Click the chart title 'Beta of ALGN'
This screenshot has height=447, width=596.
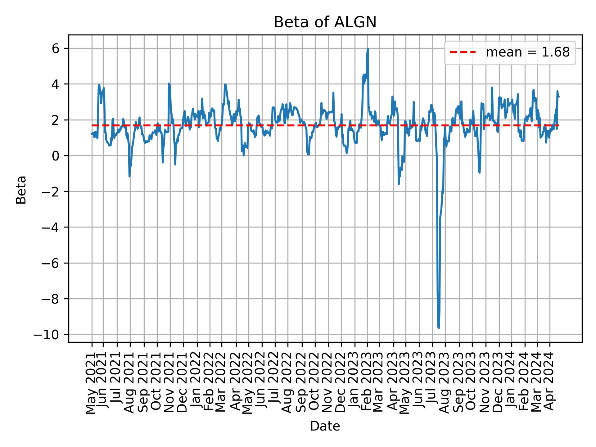coord(325,22)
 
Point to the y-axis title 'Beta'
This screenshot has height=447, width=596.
coord(21,190)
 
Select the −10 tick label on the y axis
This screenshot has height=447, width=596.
coord(51,335)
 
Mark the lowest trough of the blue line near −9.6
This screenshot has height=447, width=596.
coord(439,327)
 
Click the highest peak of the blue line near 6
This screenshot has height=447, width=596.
coord(368,49)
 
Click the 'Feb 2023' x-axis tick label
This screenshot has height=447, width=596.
coord(367,383)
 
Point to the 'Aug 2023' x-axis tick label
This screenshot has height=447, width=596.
coord(445,383)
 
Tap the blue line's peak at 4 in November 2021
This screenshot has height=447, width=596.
coord(169,83)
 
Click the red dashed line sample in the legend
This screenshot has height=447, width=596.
coord(463,53)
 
